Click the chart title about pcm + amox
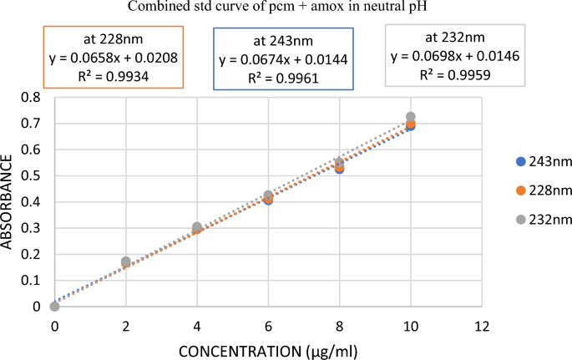tap(285, 8)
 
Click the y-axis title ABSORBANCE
tap(9, 201)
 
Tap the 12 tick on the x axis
tap(480, 323)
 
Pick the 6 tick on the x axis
tap(267, 323)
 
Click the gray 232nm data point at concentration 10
tap(410, 117)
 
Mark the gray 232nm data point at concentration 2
tap(126, 261)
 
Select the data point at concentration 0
tap(54, 307)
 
